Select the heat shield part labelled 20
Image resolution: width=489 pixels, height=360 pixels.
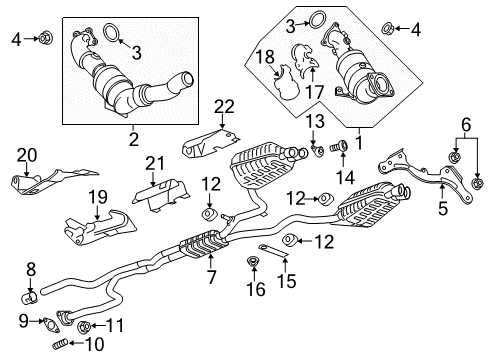pos(39,183)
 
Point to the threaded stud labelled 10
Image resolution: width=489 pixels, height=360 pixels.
pos(61,346)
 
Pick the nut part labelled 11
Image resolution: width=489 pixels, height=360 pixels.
pos(84,326)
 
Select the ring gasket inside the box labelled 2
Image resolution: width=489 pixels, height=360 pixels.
pos(116,40)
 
